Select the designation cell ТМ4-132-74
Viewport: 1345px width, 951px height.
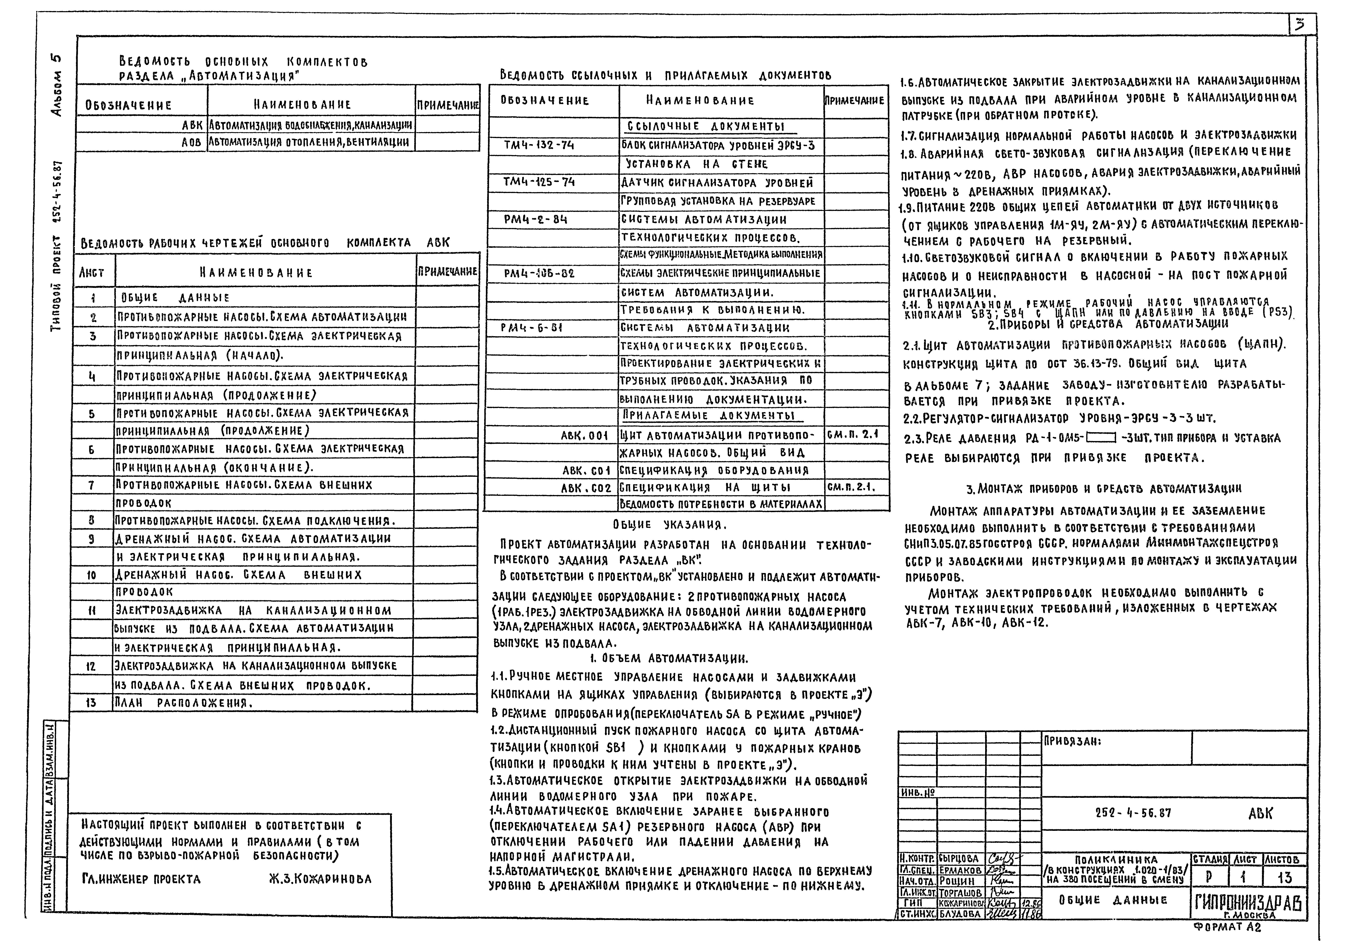[539, 145]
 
